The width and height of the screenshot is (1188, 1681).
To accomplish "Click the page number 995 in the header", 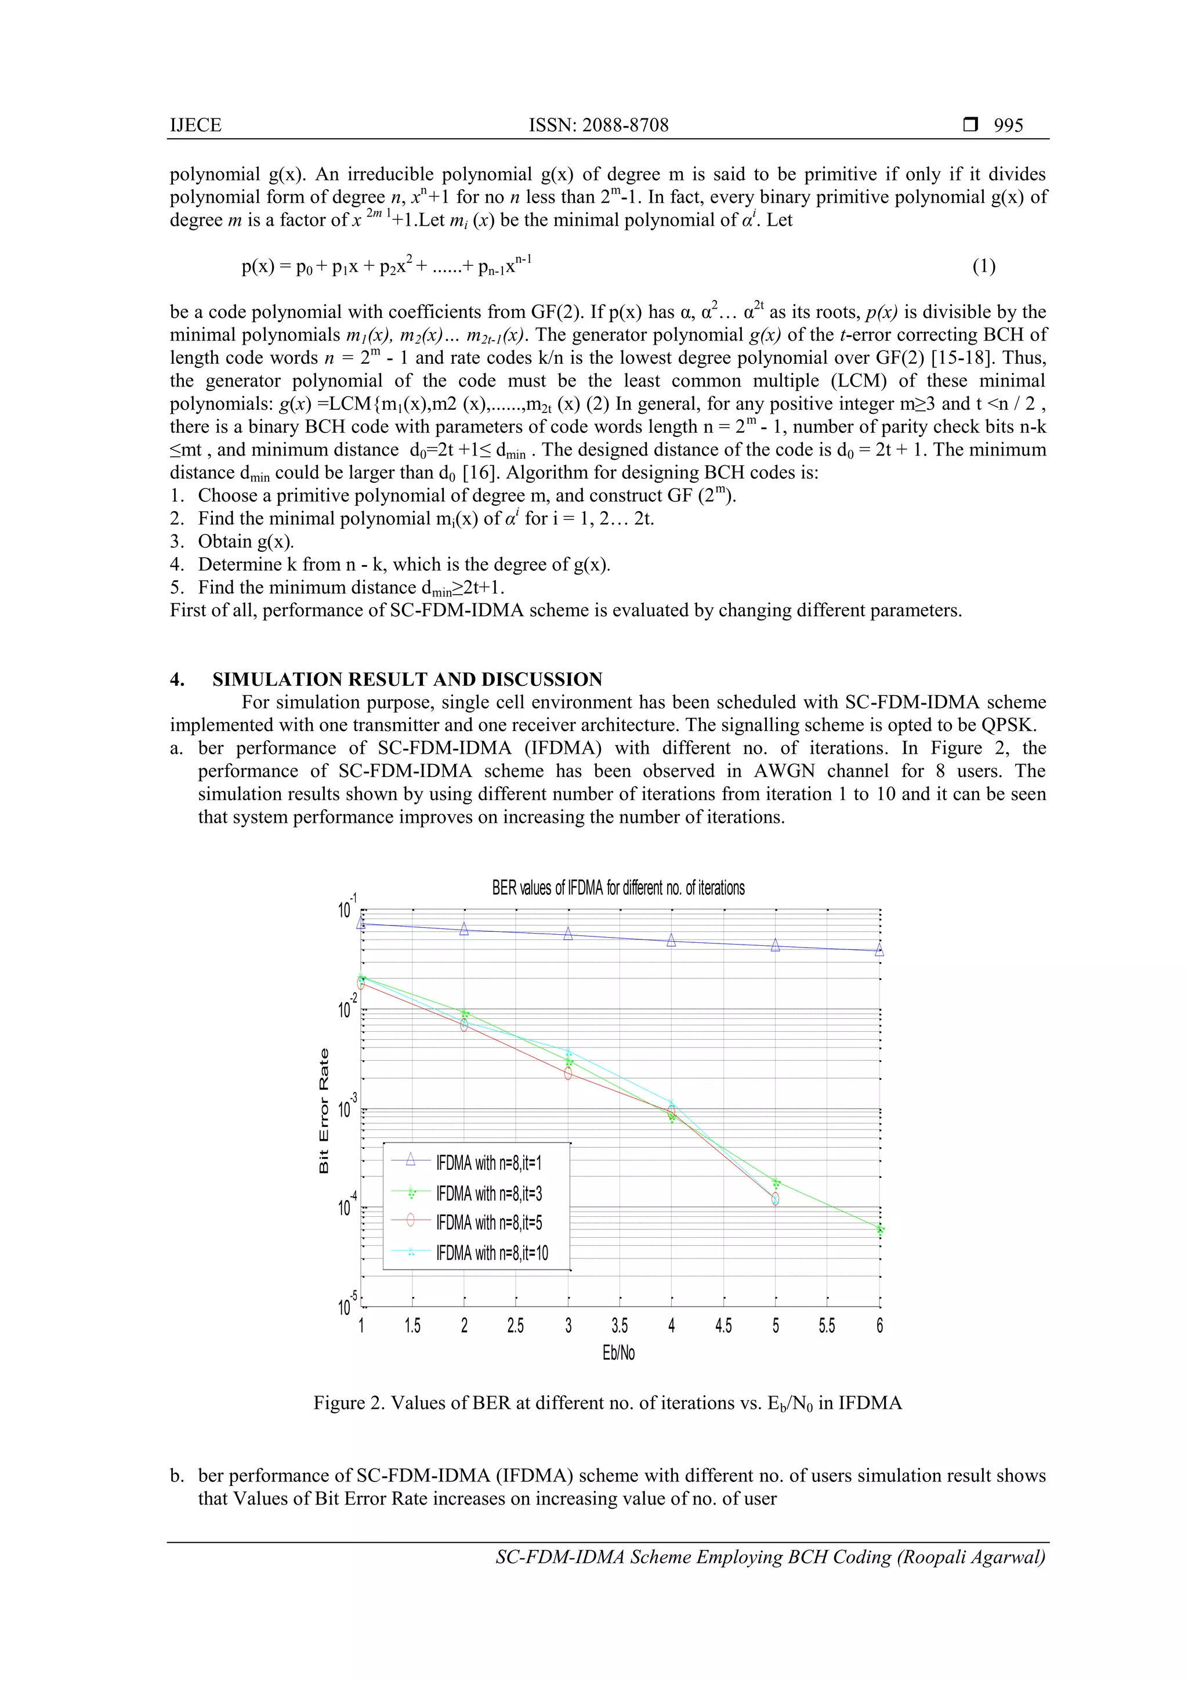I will click(x=1008, y=125).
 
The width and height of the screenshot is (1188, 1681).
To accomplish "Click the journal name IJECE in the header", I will click(x=195, y=125).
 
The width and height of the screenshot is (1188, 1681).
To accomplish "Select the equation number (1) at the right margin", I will click(x=983, y=266).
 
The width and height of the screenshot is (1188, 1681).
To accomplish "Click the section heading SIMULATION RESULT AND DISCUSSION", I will click(x=407, y=679).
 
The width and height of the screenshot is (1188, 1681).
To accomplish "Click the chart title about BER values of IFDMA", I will click(x=618, y=888).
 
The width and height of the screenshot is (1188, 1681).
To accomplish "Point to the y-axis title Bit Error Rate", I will click(x=324, y=1110).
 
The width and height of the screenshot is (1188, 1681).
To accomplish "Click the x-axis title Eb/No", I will click(x=618, y=1352).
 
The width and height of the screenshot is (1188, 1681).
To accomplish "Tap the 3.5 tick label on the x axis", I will click(x=620, y=1326).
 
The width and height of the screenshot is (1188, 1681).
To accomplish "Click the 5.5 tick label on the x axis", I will click(x=827, y=1326).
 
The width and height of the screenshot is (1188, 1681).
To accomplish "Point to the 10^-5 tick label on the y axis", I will click(x=347, y=1306).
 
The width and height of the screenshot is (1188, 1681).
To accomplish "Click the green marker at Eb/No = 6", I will click(x=880, y=1230).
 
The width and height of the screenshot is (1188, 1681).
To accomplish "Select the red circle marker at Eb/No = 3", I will click(x=568, y=1073).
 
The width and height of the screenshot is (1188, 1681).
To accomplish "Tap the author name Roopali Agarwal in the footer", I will click(x=970, y=1557).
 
